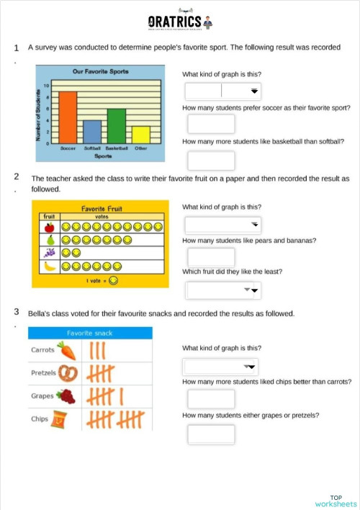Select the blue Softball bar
(x=92, y=132)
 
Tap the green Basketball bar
(x=117, y=126)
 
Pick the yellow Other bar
(x=141, y=135)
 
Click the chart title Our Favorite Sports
(x=100, y=72)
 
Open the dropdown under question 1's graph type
(x=222, y=91)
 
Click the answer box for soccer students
(x=211, y=124)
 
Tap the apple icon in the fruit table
(x=50, y=227)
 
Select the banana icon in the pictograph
(x=50, y=267)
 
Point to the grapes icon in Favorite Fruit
(x=50, y=253)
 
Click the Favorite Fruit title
(x=102, y=209)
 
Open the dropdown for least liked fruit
(x=222, y=290)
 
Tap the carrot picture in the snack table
(x=66, y=351)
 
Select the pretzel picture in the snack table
(x=68, y=373)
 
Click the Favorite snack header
(x=89, y=333)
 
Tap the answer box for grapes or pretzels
(x=211, y=434)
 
